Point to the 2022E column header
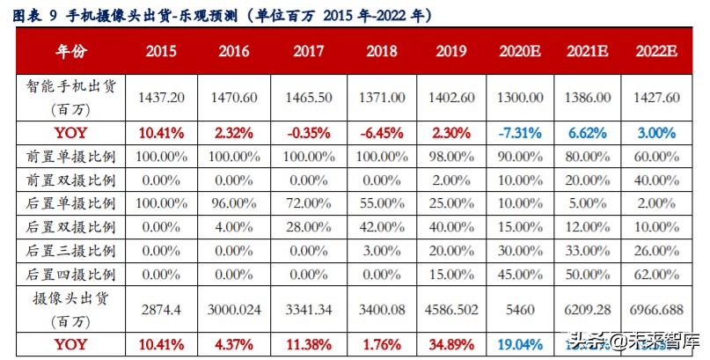click(656, 52)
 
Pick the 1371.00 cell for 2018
click(383, 99)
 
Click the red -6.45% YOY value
click(383, 134)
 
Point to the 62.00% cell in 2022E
click(656, 274)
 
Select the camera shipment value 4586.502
click(450, 311)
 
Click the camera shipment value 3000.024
click(235, 311)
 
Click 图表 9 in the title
click(34, 16)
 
